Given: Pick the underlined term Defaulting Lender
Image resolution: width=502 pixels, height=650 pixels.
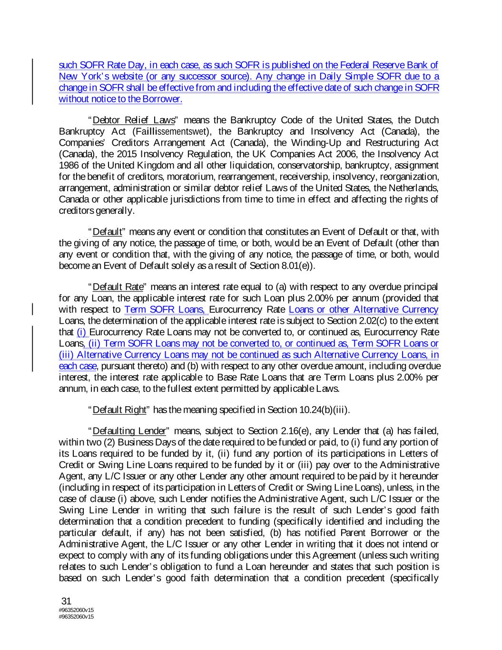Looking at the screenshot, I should tap(129, 431).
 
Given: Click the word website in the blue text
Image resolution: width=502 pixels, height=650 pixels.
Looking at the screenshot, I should tap(112, 76).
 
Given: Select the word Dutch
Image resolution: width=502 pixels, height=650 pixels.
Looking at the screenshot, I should tap(427, 120).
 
